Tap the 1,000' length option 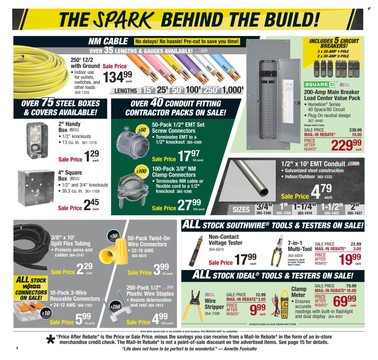tap(232, 90)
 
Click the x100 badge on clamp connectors tap(141, 171)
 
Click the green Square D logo tap(319, 85)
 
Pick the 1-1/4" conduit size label tap(305, 207)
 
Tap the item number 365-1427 tap(354, 213)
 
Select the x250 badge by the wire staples tap(115, 306)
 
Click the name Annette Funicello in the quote tap(240, 349)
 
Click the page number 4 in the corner tap(17, 348)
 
